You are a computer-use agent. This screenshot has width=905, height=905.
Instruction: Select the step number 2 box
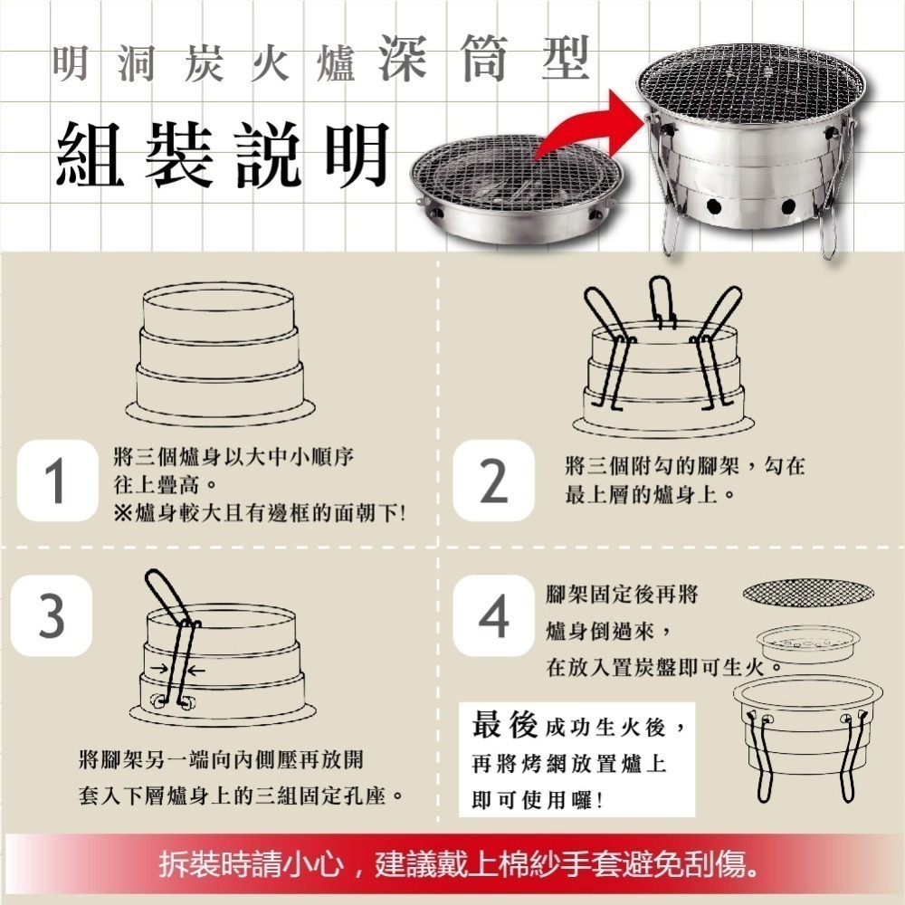tap(492, 481)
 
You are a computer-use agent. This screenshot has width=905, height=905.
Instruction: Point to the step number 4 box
tap(492, 619)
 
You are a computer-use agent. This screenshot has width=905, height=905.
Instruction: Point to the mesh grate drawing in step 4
tap(808, 594)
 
